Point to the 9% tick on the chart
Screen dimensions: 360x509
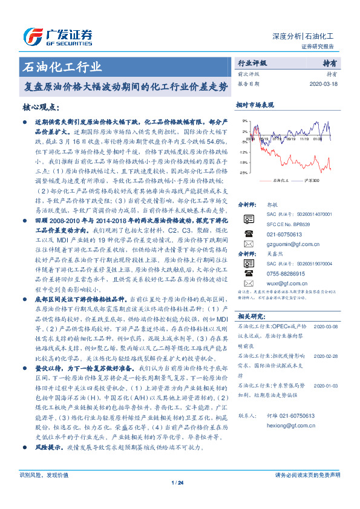pyautogui.click(x=243, y=121)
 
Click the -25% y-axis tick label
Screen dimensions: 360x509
pyautogui.click(x=243, y=173)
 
